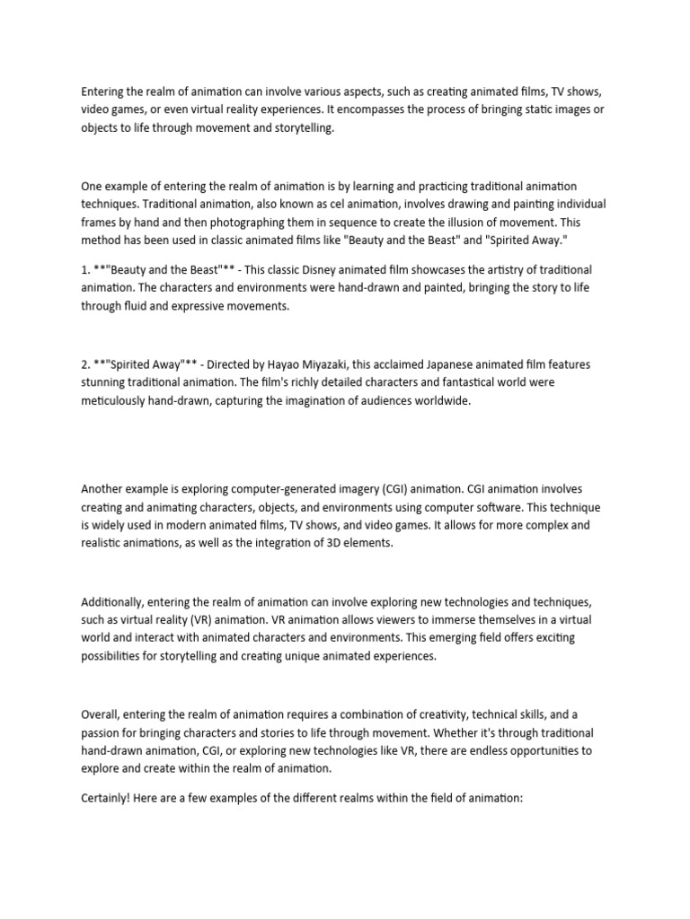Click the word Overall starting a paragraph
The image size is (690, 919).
pos(102,716)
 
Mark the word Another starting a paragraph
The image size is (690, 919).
pos(104,489)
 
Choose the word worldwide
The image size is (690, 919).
pos(440,401)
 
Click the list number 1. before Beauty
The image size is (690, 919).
pos(86,270)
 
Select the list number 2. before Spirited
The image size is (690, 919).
pos(86,365)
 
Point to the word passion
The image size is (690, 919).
pos(102,734)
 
